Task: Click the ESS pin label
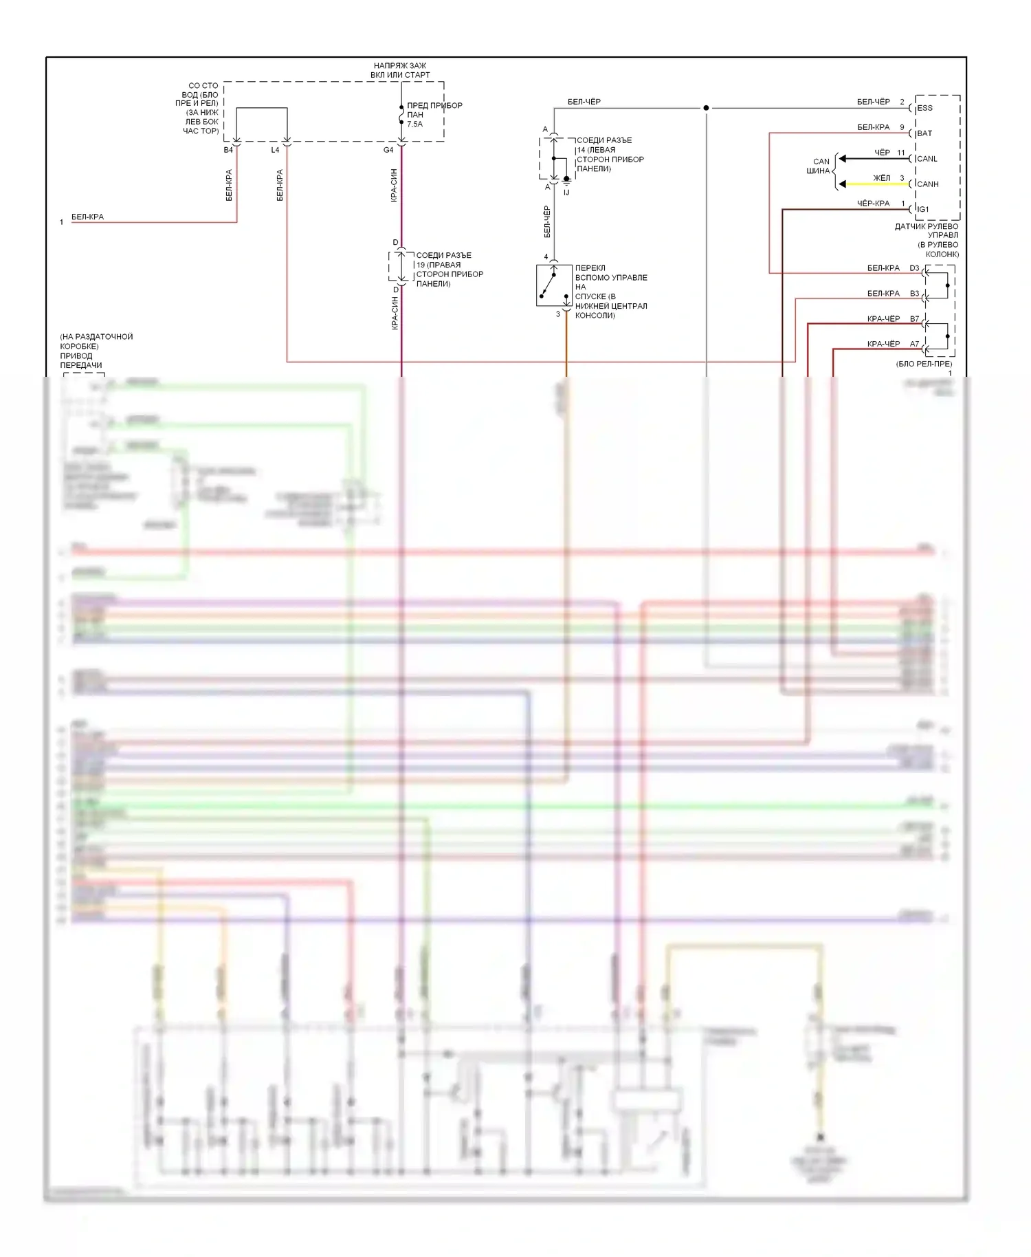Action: coord(924,108)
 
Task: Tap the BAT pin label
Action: coord(924,133)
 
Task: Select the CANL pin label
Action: coord(927,159)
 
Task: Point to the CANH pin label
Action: coord(927,184)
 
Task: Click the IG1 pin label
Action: coord(923,209)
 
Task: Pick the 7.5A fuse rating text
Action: coord(414,124)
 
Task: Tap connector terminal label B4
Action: coord(228,150)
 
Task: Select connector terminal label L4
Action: coord(275,150)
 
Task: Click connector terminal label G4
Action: coord(388,150)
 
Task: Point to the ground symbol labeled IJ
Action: coord(566,181)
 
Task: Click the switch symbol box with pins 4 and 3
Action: coord(554,285)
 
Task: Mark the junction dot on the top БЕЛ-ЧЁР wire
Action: coord(706,108)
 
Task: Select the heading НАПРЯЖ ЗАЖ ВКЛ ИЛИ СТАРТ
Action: coord(400,70)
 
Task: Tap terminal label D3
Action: coord(914,268)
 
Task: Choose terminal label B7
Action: coord(914,319)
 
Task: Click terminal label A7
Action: coord(914,344)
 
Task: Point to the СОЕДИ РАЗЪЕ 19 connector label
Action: coord(450,270)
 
